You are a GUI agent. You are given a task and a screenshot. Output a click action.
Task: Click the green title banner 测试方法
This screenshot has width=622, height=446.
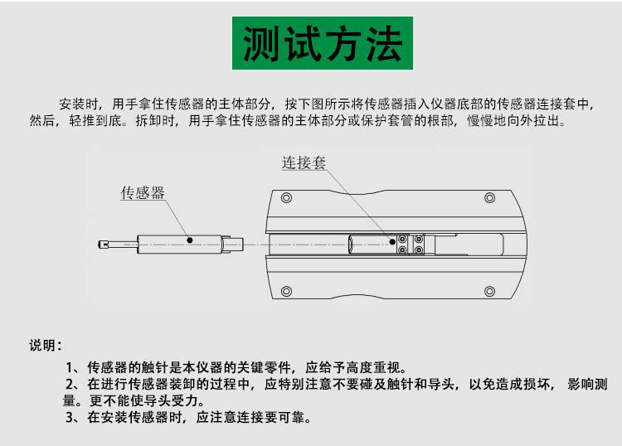tap(323, 43)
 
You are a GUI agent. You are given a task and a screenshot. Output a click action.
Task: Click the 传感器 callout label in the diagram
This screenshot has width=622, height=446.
tap(143, 192)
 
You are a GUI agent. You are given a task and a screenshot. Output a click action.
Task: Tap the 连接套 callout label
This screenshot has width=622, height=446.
tap(304, 162)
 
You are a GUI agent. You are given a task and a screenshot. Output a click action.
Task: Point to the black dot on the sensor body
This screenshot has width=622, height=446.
tap(190, 240)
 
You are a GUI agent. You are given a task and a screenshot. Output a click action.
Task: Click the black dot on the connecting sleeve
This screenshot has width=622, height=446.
tap(392, 242)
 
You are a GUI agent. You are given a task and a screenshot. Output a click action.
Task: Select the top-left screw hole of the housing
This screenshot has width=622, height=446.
tap(286, 197)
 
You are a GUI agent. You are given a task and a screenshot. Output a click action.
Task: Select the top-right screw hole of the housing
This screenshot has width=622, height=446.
tap(490, 197)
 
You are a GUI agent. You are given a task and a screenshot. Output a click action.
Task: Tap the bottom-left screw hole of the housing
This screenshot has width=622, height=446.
tap(286, 291)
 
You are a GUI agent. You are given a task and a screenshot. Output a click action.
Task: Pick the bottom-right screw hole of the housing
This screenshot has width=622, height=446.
tap(490, 291)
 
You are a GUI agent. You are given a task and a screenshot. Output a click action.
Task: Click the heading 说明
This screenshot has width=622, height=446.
tap(41, 346)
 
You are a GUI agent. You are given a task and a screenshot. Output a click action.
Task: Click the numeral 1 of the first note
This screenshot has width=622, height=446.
tap(70, 367)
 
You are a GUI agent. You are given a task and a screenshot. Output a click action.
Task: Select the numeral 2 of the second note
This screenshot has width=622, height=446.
tap(70, 384)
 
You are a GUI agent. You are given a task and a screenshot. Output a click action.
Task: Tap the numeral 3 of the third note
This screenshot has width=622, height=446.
tap(70, 417)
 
